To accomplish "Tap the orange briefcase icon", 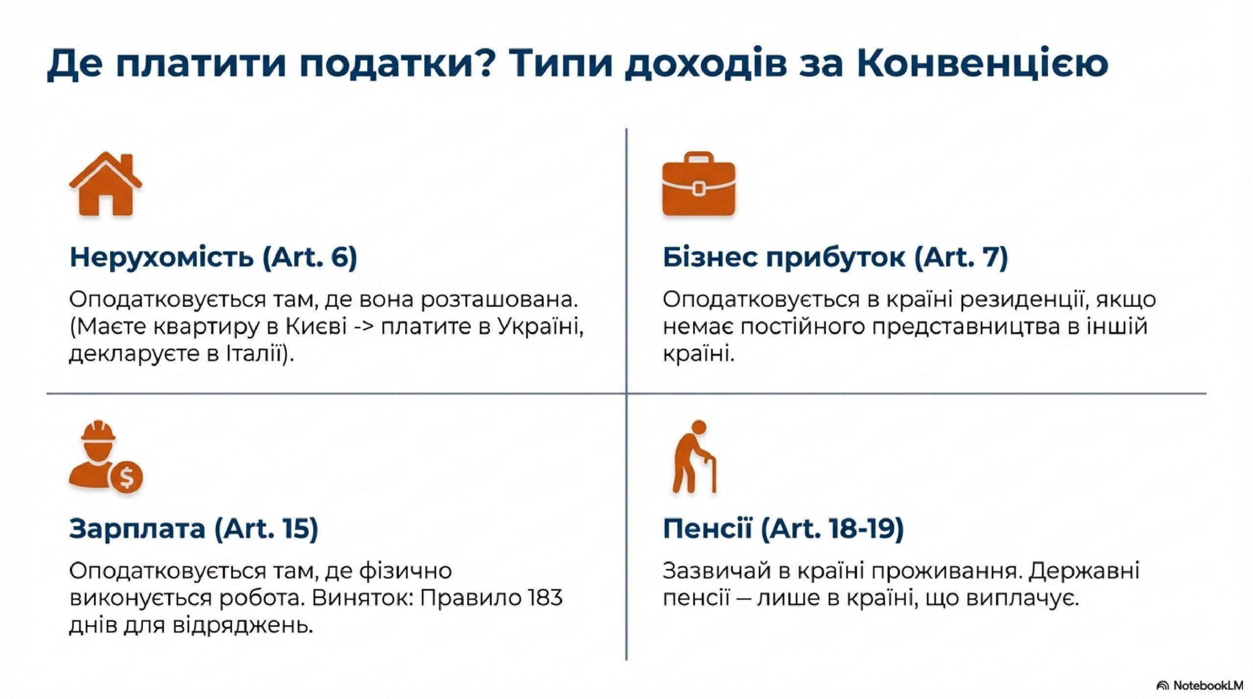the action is pyautogui.click(x=698, y=184).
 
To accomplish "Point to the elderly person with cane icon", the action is pyautogui.click(x=694, y=456).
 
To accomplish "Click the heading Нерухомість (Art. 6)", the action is pyautogui.click(x=213, y=257).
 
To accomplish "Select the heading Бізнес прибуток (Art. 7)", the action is pyautogui.click(x=835, y=257).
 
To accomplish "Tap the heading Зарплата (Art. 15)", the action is pyautogui.click(x=194, y=529).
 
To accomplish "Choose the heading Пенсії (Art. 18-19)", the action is pyautogui.click(x=783, y=529).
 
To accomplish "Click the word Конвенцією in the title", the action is pyautogui.click(x=983, y=64).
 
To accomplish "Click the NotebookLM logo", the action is pyautogui.click(x=1199, y=685).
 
